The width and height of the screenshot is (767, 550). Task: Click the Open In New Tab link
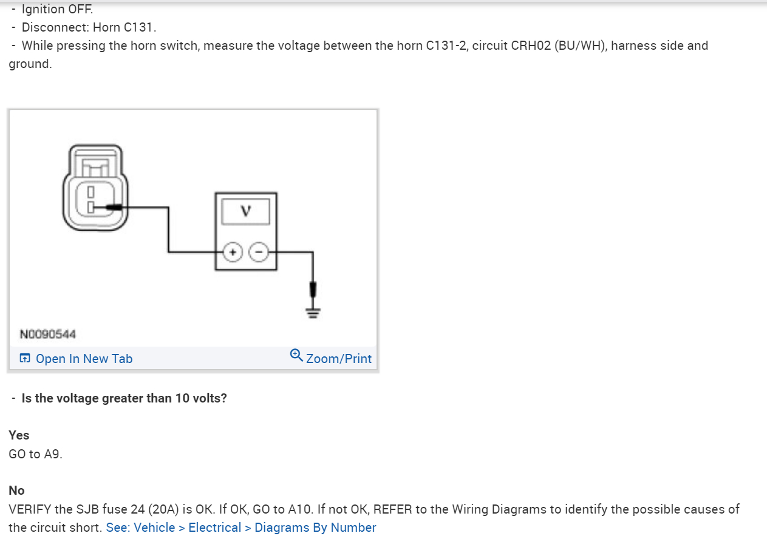(84, 359)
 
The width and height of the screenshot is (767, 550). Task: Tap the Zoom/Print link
(339, 359)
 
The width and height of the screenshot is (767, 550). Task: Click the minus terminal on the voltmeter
(259, 251)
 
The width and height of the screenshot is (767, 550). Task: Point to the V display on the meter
(245, 211)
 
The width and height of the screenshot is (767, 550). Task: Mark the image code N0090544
(48, 334)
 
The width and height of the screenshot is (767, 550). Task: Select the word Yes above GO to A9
(19, 435)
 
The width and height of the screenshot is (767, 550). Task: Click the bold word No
(16, 491)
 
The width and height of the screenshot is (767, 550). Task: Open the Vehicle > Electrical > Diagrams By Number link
(241, 528)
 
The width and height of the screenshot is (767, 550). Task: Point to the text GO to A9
(35, 453)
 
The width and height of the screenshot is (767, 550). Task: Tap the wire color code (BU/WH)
(580, 46)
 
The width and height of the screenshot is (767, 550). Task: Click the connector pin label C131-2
(446, 46)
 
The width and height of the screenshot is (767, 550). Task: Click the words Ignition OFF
(58, 9)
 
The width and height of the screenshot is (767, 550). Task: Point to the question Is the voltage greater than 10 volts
(124, 399)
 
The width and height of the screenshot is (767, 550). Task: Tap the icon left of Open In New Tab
(25, 359)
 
